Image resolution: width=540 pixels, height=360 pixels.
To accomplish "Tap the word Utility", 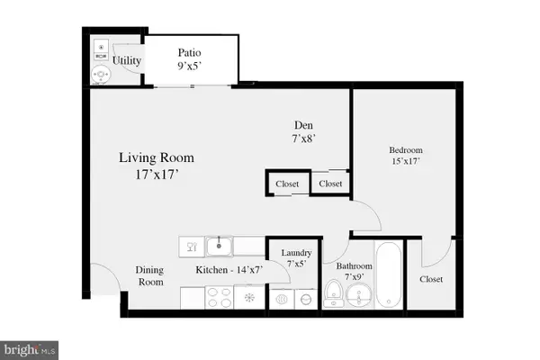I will tap(126, 61).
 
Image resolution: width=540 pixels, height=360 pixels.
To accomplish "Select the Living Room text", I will tap(157, 157).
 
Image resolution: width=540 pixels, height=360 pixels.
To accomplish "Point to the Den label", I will tap(301, 125).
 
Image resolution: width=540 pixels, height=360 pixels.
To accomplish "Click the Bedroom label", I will tap(405, 149).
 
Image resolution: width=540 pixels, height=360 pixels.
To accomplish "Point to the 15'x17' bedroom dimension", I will tap(405, 161).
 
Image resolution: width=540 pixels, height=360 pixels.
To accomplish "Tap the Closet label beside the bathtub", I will tap(432, 279).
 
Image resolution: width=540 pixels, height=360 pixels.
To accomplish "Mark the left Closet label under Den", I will tap(287, 184).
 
